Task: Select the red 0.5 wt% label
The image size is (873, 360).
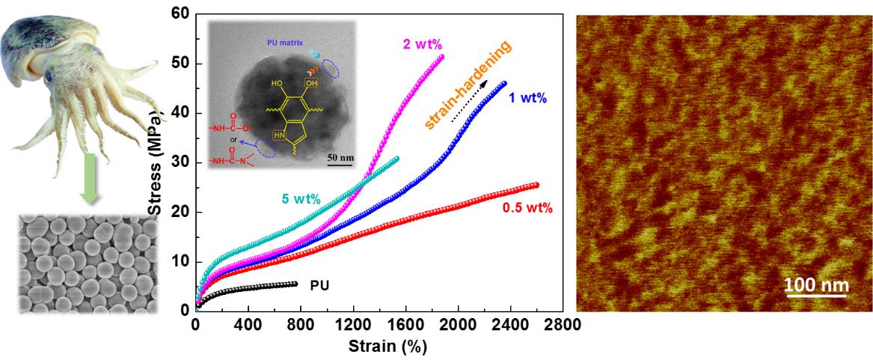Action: tap(527, 208)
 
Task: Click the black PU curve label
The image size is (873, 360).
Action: tap(319, 285)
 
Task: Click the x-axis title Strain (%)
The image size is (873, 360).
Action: tap(388, 347)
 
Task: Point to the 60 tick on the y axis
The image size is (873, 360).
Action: tap(179, 13)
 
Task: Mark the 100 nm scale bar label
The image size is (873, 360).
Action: tap(816, 284)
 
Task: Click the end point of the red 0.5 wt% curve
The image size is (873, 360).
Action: tap(535, 185)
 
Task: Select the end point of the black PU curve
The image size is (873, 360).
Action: tap(295, 284)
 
